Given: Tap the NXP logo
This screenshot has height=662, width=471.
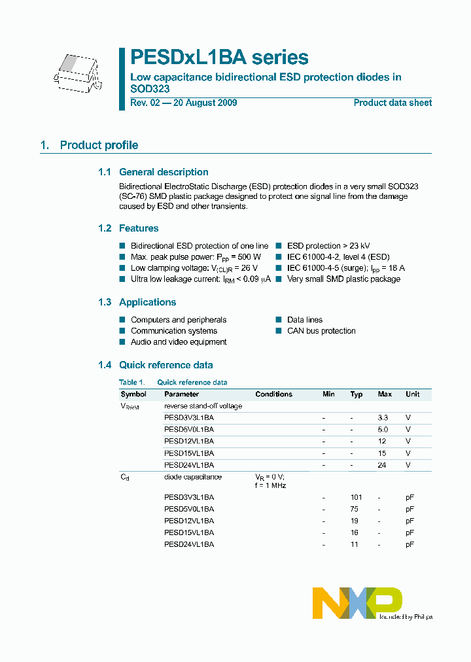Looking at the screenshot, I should pos(357,602).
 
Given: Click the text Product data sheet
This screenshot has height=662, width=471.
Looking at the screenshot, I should pos(392,103).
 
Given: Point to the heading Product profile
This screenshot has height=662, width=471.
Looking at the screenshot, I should pos(99,145).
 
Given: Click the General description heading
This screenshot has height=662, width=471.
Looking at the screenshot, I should pos(164,172).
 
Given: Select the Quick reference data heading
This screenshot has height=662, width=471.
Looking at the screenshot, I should pos(166,365).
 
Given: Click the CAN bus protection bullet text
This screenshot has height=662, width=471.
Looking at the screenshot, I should pos(321,331).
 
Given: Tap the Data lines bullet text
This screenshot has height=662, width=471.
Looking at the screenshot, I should pos(305,320).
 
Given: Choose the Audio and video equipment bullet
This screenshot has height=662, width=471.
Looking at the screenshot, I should pos(179,342).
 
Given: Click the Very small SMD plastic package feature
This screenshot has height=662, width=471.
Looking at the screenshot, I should pos(343,279).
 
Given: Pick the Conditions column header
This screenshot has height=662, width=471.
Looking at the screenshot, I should pos(273,394).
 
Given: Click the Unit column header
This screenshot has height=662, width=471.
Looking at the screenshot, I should pos(412,394).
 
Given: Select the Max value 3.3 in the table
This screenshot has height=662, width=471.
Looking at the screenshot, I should pos(383,417).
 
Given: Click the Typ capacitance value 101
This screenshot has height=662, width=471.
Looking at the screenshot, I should pos(356,497).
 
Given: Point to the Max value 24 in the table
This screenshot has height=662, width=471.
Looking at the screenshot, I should pos(382,465).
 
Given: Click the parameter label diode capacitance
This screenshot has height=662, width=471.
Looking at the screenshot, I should pos(192,477).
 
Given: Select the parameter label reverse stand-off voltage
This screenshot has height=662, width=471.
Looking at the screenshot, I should pos(203,406).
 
